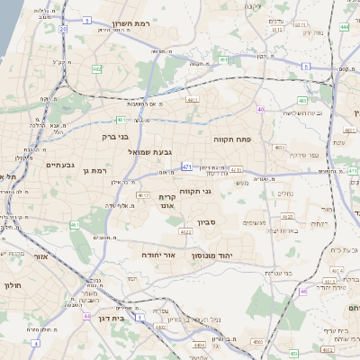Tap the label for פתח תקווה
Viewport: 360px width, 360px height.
[x=230, y=140]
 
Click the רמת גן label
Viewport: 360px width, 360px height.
[x=93, y=170]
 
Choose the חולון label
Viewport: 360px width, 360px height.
[x=12, y=285]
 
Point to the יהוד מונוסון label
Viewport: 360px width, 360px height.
[x=211, y=256]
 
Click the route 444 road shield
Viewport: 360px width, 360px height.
[x=346, y=27]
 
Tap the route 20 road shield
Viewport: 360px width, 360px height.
[x=64, y=29]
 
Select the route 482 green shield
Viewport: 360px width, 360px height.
[x=96, y=68]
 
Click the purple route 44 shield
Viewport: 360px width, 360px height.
[x=86, y=317]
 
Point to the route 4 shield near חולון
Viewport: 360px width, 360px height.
[x=35, y=343]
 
